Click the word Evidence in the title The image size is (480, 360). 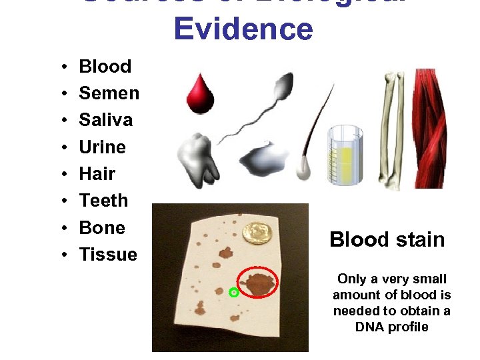243,29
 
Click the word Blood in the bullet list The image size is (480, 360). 105,66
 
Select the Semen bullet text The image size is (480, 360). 109,93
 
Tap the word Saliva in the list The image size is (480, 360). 106,120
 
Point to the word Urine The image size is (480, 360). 103,147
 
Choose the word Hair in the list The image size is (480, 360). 97,174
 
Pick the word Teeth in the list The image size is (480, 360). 103,201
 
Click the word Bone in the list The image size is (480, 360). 102,227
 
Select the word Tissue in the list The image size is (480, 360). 108,254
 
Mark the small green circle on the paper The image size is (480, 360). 233,293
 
